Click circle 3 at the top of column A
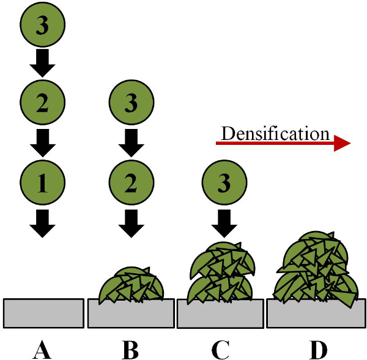tap(42, 24)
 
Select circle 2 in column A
tap(42, 102)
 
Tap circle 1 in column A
tap(42, 183)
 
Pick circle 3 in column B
tap(132, 102)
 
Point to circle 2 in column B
tap(132, 183)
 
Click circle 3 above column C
tap(224, 183)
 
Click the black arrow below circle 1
tap(42, 224)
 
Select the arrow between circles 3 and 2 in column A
tap(42, 63)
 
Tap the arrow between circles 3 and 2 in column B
tap(132, 143)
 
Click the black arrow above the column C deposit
tap(224, 224)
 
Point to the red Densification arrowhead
tap(342, 143)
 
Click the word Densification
tap(275, 134)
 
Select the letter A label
tap(42, 350)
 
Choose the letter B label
tap(131, 350)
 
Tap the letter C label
tap(220, 350)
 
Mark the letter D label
tap(318, 350)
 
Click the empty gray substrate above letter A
tap(43, 313)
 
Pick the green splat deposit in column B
tap(132, 285)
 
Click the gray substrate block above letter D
tap(316, 316)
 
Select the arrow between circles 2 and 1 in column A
tap(42, 143)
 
